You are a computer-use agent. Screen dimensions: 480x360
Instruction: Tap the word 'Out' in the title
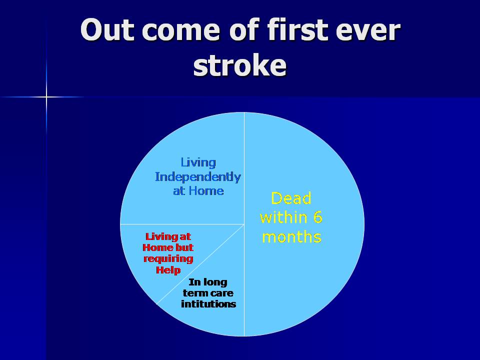107,29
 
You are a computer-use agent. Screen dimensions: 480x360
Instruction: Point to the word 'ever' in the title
368,31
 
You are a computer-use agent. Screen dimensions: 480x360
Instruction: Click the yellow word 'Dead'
291,198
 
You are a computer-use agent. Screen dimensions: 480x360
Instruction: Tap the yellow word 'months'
291,237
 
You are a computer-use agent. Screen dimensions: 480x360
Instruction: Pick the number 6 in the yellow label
318,217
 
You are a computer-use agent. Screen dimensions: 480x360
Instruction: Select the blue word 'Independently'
198,177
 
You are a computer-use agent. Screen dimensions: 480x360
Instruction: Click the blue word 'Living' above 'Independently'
198,162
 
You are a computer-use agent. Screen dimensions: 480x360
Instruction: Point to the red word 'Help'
168,270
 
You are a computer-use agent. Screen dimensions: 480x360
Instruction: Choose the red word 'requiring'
168,259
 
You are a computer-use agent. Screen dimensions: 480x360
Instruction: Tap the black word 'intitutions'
208,304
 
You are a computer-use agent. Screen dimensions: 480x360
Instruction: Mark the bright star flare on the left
46,97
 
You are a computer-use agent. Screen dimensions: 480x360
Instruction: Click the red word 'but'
184,247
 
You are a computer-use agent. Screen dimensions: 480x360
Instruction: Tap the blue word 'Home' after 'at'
206,190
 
